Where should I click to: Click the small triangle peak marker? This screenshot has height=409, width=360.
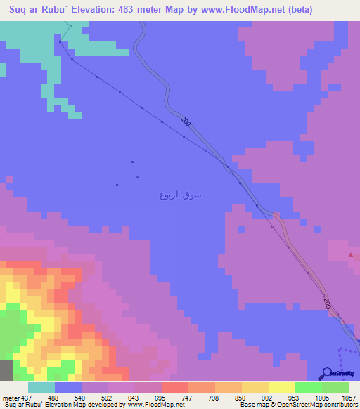tap(351, 256)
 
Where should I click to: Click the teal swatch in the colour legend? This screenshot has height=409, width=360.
tap(41, 388)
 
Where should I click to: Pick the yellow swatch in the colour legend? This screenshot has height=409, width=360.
tap(282, 388)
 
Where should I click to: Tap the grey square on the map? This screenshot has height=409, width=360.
tap(6, 370)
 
